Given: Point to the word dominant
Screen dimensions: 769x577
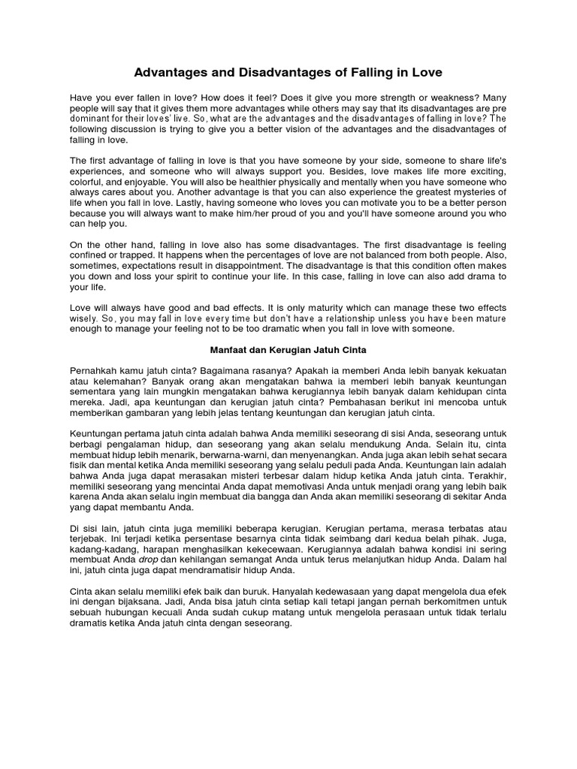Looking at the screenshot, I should point(94,119).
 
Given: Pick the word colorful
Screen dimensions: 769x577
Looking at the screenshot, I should point(90,182).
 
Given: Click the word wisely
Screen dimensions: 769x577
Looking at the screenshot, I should point(85,318).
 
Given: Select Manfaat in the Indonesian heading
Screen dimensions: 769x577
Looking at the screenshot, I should point(226,350).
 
